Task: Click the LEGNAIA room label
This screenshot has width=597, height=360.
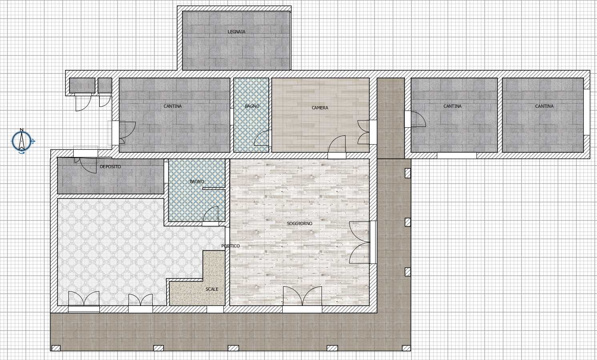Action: [236, 32]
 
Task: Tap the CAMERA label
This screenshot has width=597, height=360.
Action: [320, 108]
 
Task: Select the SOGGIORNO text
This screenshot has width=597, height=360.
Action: [300, 223]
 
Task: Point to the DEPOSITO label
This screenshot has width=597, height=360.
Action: [111, 167]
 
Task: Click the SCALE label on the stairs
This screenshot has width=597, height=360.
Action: [212, 289]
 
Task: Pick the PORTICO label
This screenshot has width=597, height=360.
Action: [231, 246]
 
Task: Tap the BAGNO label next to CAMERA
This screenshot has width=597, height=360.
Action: [252, 106]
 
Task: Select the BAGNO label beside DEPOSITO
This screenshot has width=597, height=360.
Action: [197, 181]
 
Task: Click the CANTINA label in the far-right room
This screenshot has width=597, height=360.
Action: [544, 106]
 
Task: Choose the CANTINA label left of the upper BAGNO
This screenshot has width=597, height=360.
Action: [173, 106]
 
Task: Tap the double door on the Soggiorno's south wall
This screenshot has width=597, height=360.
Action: [302, 296]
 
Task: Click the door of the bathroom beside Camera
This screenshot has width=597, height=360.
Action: [261, 138]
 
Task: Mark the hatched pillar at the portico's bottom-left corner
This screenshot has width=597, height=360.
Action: [56, 348]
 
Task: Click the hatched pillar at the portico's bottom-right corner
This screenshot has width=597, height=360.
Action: [406, 348]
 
